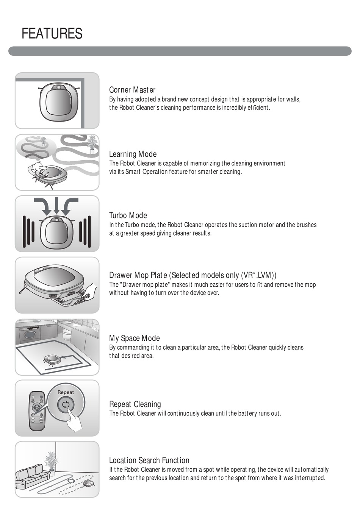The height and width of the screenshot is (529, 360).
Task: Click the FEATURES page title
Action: click(52, 33)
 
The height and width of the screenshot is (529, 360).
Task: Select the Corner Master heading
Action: click(132, 90)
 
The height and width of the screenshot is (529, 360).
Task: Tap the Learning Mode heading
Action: click(133, 154)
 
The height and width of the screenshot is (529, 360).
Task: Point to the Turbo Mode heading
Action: click(128, 215)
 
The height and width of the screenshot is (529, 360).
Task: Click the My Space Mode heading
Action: click(134, 338)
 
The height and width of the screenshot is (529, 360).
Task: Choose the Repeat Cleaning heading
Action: click(135, 404)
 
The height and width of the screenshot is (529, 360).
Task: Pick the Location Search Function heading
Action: click(149, 460)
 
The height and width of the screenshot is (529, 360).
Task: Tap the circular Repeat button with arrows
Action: click(66, 405)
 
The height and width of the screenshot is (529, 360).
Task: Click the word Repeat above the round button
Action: click(66, 392)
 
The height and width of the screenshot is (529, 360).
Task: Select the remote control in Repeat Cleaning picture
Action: click(38, 411)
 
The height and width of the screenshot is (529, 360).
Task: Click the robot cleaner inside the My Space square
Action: click(52, 360)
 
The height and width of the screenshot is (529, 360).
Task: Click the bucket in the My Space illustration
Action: click(66, 335)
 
